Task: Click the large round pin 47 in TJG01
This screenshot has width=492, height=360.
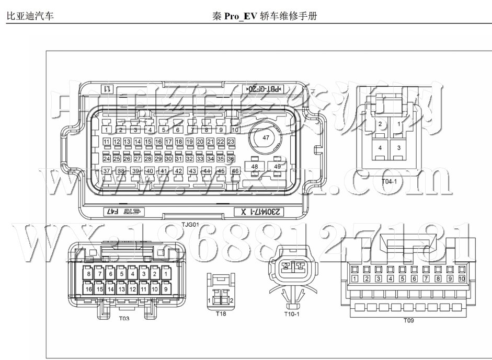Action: tap(266, 138)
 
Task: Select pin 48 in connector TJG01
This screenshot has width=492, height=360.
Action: tap(255, 167)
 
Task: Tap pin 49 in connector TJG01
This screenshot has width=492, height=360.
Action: tap(278, 167)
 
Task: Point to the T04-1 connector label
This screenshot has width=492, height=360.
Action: tap(389, 181)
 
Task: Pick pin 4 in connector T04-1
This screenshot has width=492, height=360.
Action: tap(380, 148)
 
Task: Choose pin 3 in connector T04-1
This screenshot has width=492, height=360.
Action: tap(398, 148)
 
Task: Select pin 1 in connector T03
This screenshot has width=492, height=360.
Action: tap(166, 273)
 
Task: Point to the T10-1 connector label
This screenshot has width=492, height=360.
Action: tap(291, 315)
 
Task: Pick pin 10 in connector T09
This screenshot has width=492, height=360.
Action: tap(462, 279)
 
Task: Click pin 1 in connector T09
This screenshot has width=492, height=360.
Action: tap(355, 279)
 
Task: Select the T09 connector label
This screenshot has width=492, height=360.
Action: tap(409, 320)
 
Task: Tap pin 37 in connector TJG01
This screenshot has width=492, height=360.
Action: tap(106, 171)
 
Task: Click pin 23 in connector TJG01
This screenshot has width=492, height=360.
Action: tap(231, 142)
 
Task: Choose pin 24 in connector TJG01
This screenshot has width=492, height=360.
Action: tap(107, 158)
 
